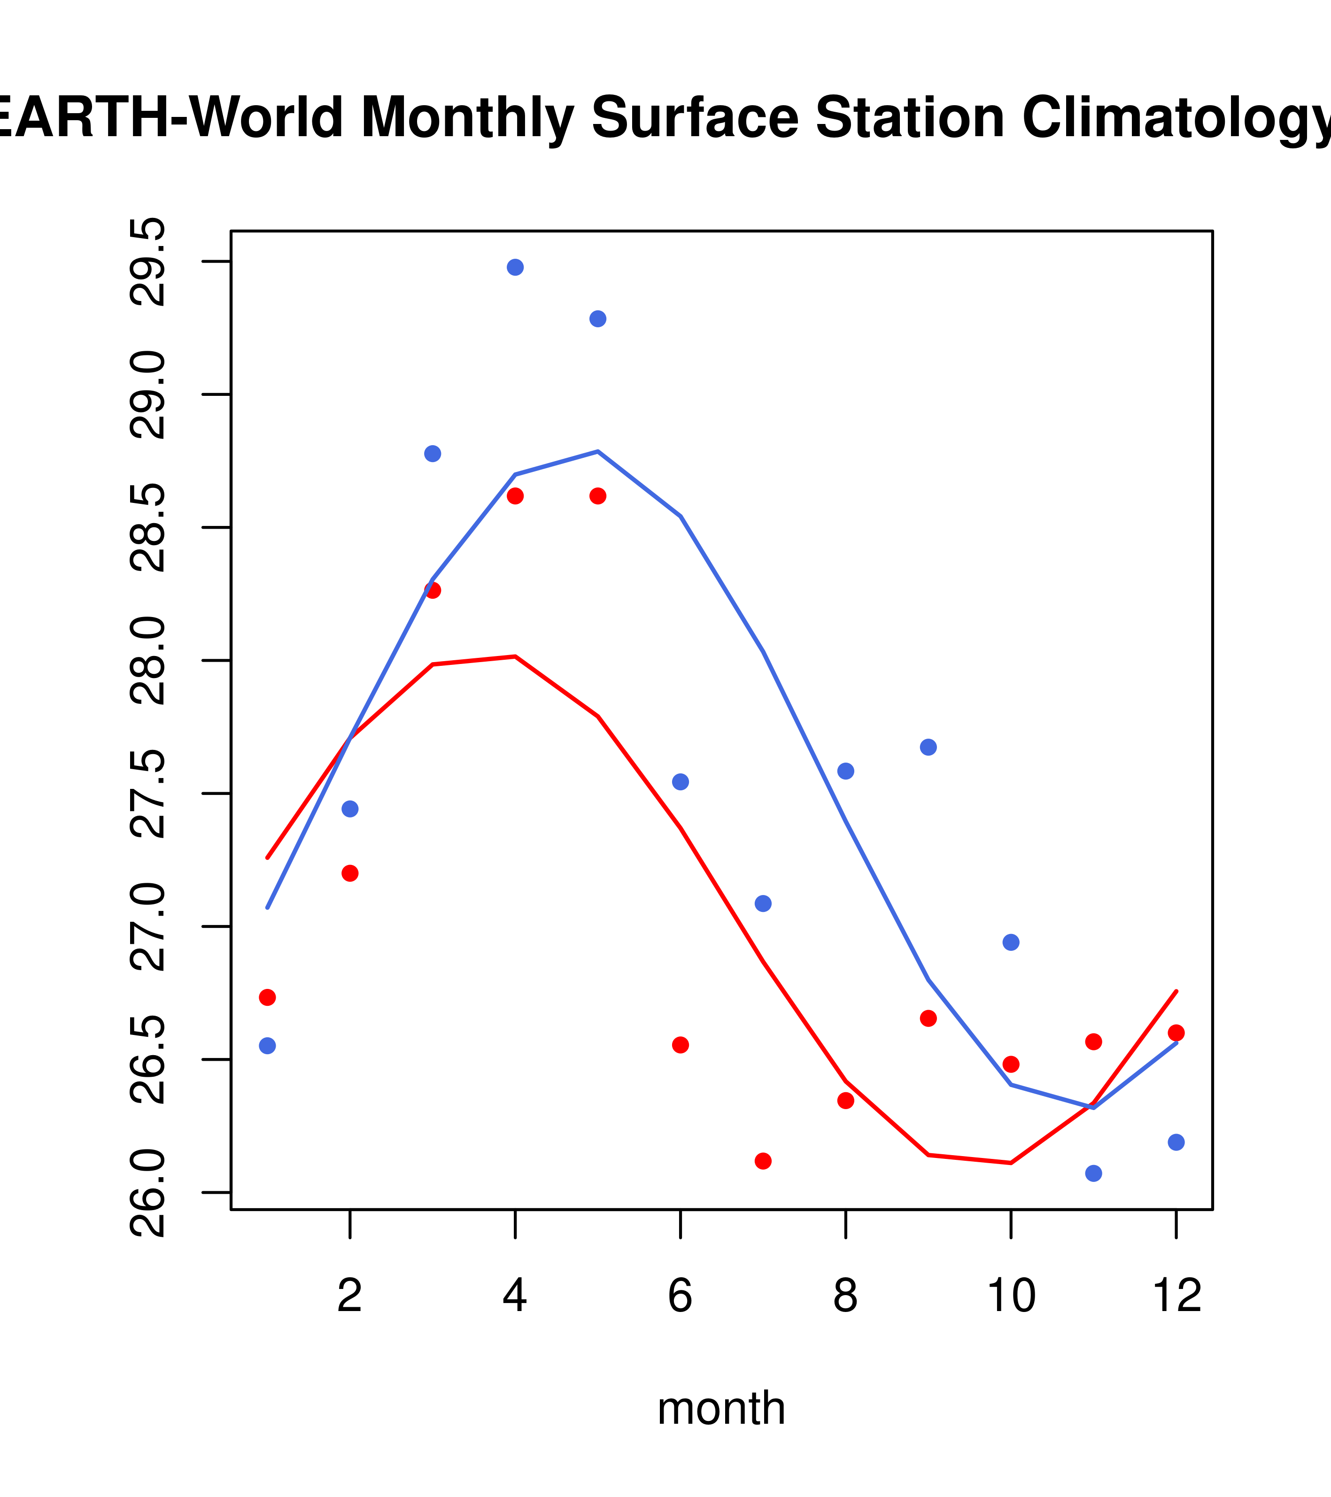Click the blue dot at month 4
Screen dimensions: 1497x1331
(x=515, y=267)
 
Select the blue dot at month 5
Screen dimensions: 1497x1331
(x=598, y=318)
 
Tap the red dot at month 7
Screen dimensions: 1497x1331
(x=763, y=1161)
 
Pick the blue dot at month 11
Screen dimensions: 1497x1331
(x=1093, y=1173)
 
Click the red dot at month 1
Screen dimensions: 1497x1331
(x=267, y=997)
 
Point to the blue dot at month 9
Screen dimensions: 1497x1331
(x=928, y=747)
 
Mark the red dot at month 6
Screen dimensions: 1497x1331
(x=681, y=1044)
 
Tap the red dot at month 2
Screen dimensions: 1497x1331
(x=350, y=873)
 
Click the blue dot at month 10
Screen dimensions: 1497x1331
(x=1011, y=942)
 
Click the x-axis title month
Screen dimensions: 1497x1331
(x=721, y=1408)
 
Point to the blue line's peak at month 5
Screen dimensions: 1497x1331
(x=598, y=451)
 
